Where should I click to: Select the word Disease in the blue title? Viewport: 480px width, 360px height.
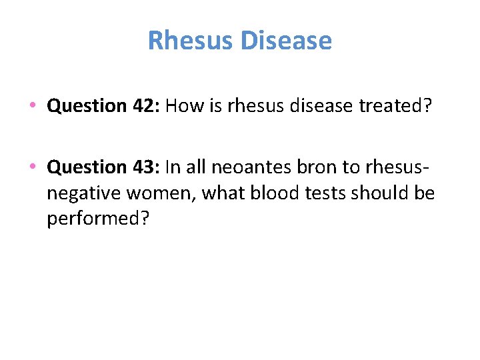pyautogui.click(x=286, y=41)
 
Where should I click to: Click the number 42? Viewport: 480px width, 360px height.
pyautogui.click(x=144, y=106)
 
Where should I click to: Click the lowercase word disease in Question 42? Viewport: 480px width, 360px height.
pyautogui.click(x=314, y=106)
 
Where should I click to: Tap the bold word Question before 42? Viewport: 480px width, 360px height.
pyautogui.click(x=87, y=106)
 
